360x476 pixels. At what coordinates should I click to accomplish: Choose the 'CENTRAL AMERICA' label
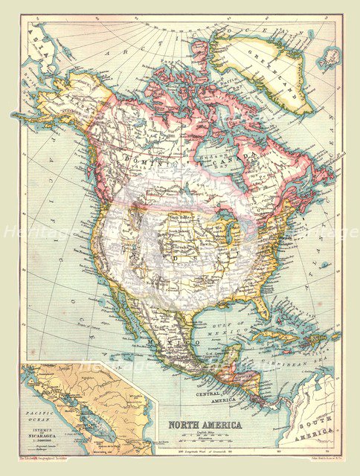[x=216, y=396]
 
